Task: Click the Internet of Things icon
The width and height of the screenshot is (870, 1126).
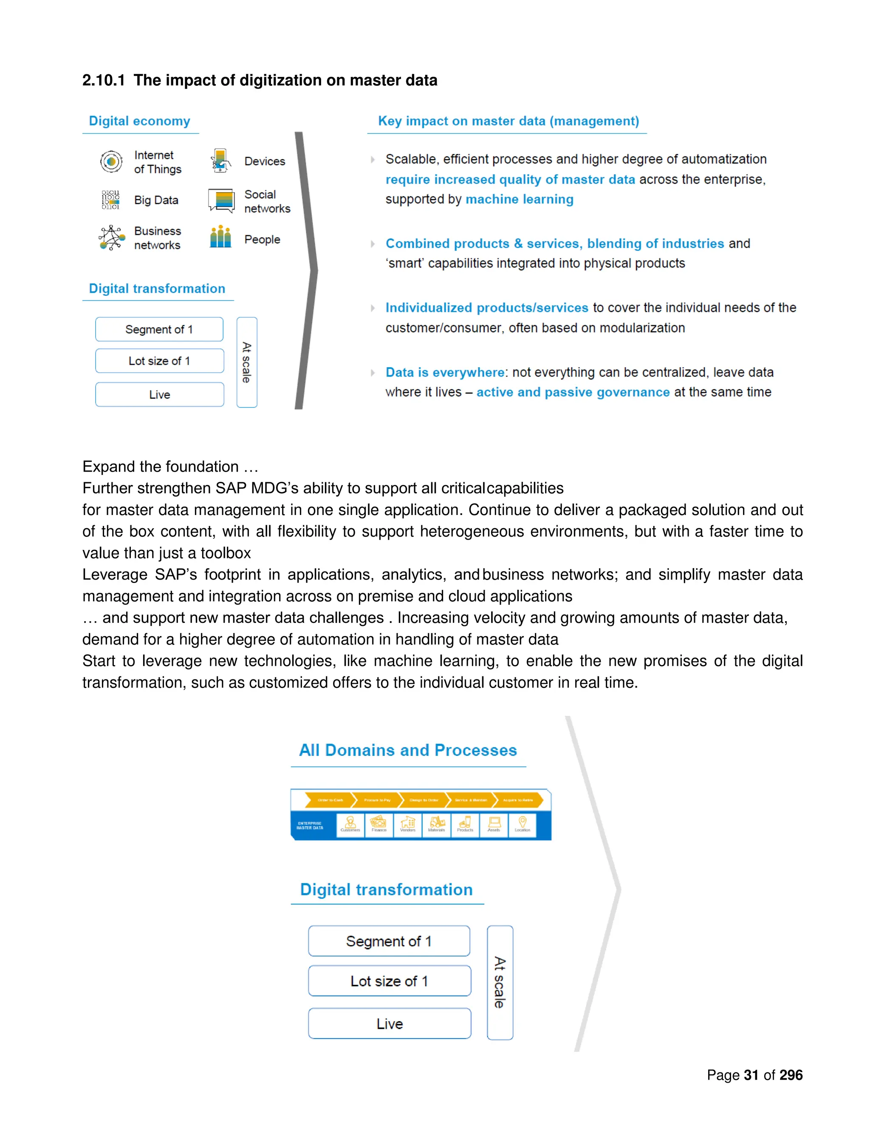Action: pyautogui.click(x=111, y=162)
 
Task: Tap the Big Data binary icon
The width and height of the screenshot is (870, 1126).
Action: pyautogui.click(x=110, y=200)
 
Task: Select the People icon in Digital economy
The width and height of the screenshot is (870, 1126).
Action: pyautogui.click(x=220, y=237)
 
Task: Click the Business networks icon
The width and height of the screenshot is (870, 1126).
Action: pyautogui.click(x=111, y=238)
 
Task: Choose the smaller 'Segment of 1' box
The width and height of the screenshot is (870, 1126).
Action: pyautogui.click(x=159, y=329)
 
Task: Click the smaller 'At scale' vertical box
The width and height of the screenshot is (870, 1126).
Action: pyautogui.click(x=247, y=362)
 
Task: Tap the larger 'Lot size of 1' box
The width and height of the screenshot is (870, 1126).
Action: pyautogui.click(x=390, y=981)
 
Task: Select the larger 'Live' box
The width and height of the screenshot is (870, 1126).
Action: pyautogui.click(x=390, y=1024)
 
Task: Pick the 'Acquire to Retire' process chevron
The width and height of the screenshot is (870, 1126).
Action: pyautogui.click(x=517, y=800)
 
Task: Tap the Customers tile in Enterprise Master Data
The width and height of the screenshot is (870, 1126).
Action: pyautogui.click(x=350, y=824)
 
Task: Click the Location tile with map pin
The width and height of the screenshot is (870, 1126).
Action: pyautogui.click(x=522, y=824)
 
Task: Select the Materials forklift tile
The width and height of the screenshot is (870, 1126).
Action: pyautogui.click(x=437, y=824)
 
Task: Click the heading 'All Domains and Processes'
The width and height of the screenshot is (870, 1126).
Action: pyautogui.click(x=408, y=750)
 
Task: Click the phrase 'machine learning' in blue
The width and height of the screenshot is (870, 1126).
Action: pyautogui.click(x=519, y=200)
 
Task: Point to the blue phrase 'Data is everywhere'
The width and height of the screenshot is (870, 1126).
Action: pyautogui.click(x=445, y=372)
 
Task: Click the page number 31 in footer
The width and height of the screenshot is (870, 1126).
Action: pyautogui.click(x=751, y=1075)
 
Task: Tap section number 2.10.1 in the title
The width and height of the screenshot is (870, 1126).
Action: pyautogui.click(x=104, y=80)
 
